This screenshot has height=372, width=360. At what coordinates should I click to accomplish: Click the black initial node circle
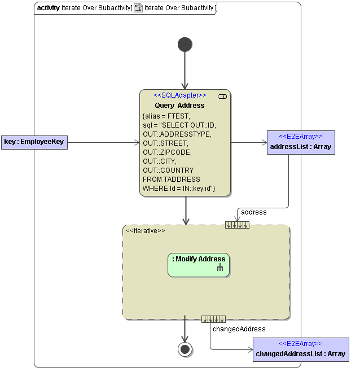coord(185,45)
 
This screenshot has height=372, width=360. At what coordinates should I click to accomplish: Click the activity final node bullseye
coord(185,349)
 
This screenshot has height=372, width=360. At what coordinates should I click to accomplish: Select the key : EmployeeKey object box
coord(34,142)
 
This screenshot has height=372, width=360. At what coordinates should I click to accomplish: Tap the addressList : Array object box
coord(301,142)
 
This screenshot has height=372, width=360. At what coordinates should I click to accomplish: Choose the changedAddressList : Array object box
coord(301,349)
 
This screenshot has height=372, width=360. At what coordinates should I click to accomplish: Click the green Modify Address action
coord(199,265)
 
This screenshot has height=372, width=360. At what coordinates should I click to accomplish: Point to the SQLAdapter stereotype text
coord(179,95)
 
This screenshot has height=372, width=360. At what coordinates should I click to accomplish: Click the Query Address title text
coord(179,106)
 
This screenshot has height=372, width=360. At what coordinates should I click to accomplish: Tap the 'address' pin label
coord(253,212)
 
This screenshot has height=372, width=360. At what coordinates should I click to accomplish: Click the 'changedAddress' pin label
coord(239,329)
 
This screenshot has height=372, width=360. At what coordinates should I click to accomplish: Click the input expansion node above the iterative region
coord(237,225)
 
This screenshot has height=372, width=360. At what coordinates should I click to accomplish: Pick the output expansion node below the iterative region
coord(213,320)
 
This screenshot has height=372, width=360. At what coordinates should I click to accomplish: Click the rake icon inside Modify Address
coord(221,269)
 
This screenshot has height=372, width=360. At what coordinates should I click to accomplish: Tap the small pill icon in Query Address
coord(222,97)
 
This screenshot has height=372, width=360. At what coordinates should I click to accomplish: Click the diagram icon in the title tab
coord(138,8)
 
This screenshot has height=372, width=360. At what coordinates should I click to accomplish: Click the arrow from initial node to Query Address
coord(185,71)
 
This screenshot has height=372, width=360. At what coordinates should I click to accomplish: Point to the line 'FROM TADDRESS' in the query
coord(171,179)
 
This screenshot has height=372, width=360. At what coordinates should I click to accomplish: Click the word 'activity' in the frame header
coord(48,8)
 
